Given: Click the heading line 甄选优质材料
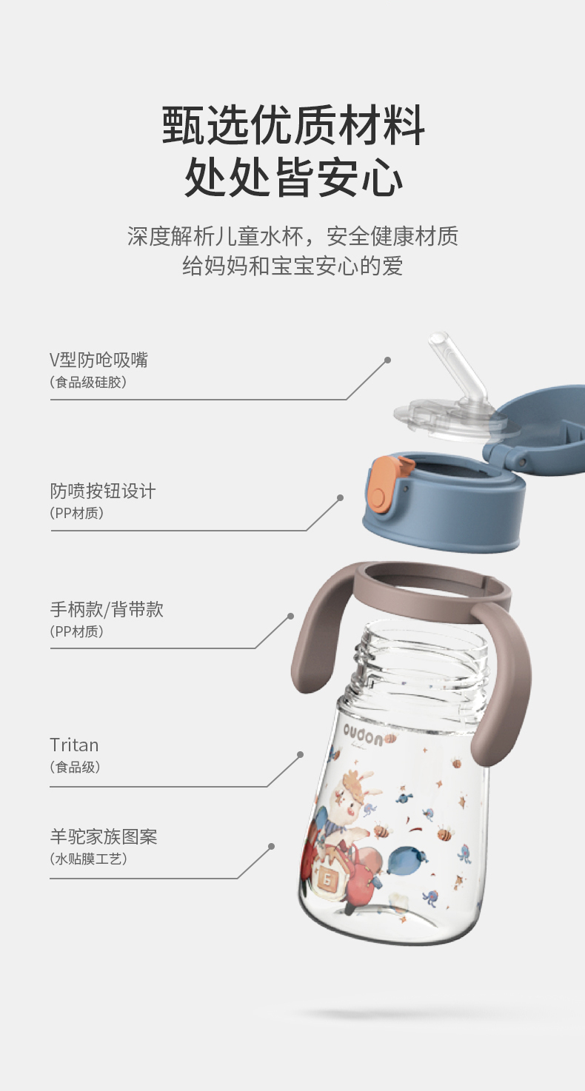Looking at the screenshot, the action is (292, 126).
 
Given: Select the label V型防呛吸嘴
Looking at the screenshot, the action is (99, 360).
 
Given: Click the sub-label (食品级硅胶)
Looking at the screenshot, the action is (88, 383).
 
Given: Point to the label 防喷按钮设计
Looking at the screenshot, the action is (103, 491).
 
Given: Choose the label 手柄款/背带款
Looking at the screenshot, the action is (107, 609).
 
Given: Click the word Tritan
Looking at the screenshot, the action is (74, 745).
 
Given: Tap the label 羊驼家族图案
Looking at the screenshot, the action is (103, 837).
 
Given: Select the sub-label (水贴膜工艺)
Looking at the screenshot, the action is (88, 859).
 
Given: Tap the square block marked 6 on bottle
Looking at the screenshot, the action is (327, 878).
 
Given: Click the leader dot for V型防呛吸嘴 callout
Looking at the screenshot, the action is (388, 360).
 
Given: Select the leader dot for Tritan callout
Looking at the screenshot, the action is (300, 754).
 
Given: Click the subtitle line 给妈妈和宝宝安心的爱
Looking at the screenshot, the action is (292, 266).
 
